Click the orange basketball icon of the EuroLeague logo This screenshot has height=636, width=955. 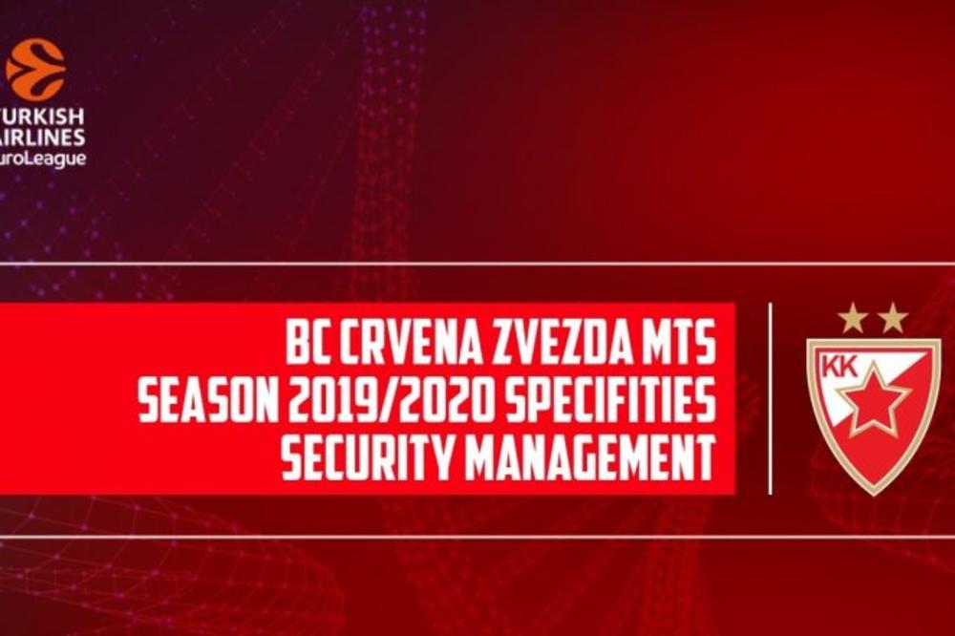click(35, 69)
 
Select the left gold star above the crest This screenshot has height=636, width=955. click(852, 318)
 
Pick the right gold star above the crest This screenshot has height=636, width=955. click(893, 318)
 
